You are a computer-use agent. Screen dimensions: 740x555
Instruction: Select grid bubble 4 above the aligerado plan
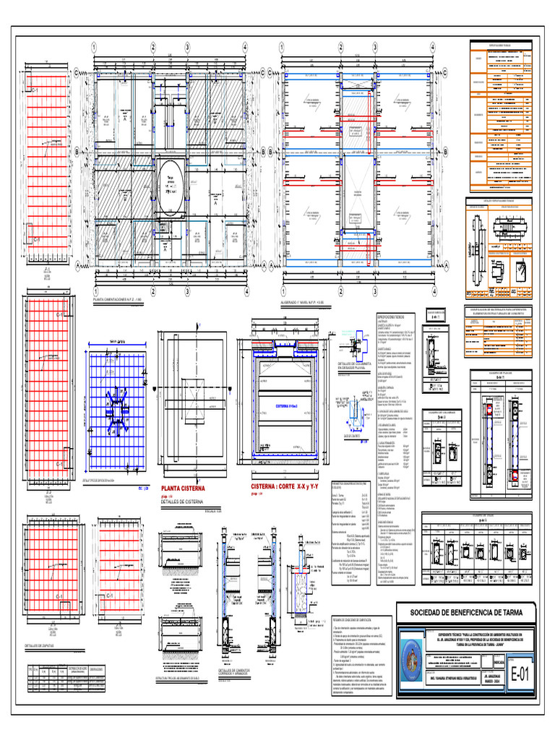(x=432, y=47)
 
